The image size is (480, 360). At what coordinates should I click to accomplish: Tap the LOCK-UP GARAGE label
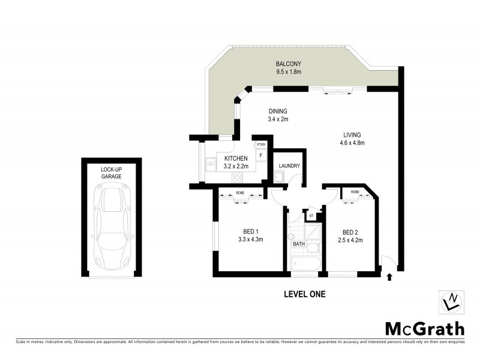112,173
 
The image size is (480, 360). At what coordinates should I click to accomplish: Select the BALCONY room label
288,64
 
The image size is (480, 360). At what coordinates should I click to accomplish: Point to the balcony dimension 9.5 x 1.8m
288,72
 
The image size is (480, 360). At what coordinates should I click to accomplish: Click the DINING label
278,111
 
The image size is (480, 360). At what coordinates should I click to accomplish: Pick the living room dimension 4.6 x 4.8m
352,143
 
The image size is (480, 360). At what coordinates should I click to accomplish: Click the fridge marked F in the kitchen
260,156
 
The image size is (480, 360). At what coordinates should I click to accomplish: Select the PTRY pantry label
261,145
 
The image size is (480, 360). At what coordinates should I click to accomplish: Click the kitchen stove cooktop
238,177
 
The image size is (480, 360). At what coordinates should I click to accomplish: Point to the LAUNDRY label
289,166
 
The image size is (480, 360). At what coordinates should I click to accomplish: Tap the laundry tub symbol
278,176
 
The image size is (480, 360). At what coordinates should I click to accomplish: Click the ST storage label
311,215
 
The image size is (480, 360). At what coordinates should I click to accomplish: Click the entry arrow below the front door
390,277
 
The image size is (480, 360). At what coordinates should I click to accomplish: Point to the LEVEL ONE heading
304,294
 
